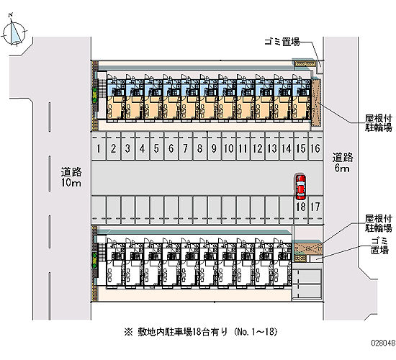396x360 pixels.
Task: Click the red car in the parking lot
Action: click(300, 187)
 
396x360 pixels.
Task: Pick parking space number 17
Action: click(315, 210)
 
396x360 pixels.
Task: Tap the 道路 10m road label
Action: click(71, 177)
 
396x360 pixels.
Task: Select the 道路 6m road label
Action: click(343, 163)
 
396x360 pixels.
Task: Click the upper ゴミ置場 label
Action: click(282, 42)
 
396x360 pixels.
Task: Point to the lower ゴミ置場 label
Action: click(379, 246)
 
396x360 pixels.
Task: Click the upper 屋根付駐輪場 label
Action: click(378, 123)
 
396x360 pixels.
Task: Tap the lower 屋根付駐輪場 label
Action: click(378, 223)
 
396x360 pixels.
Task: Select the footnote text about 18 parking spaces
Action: click(201, 332)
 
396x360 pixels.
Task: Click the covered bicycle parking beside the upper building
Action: click(315, 103)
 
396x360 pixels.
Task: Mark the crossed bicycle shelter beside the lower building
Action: click(307, 249)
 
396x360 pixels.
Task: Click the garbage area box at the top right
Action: click(305, 63)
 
